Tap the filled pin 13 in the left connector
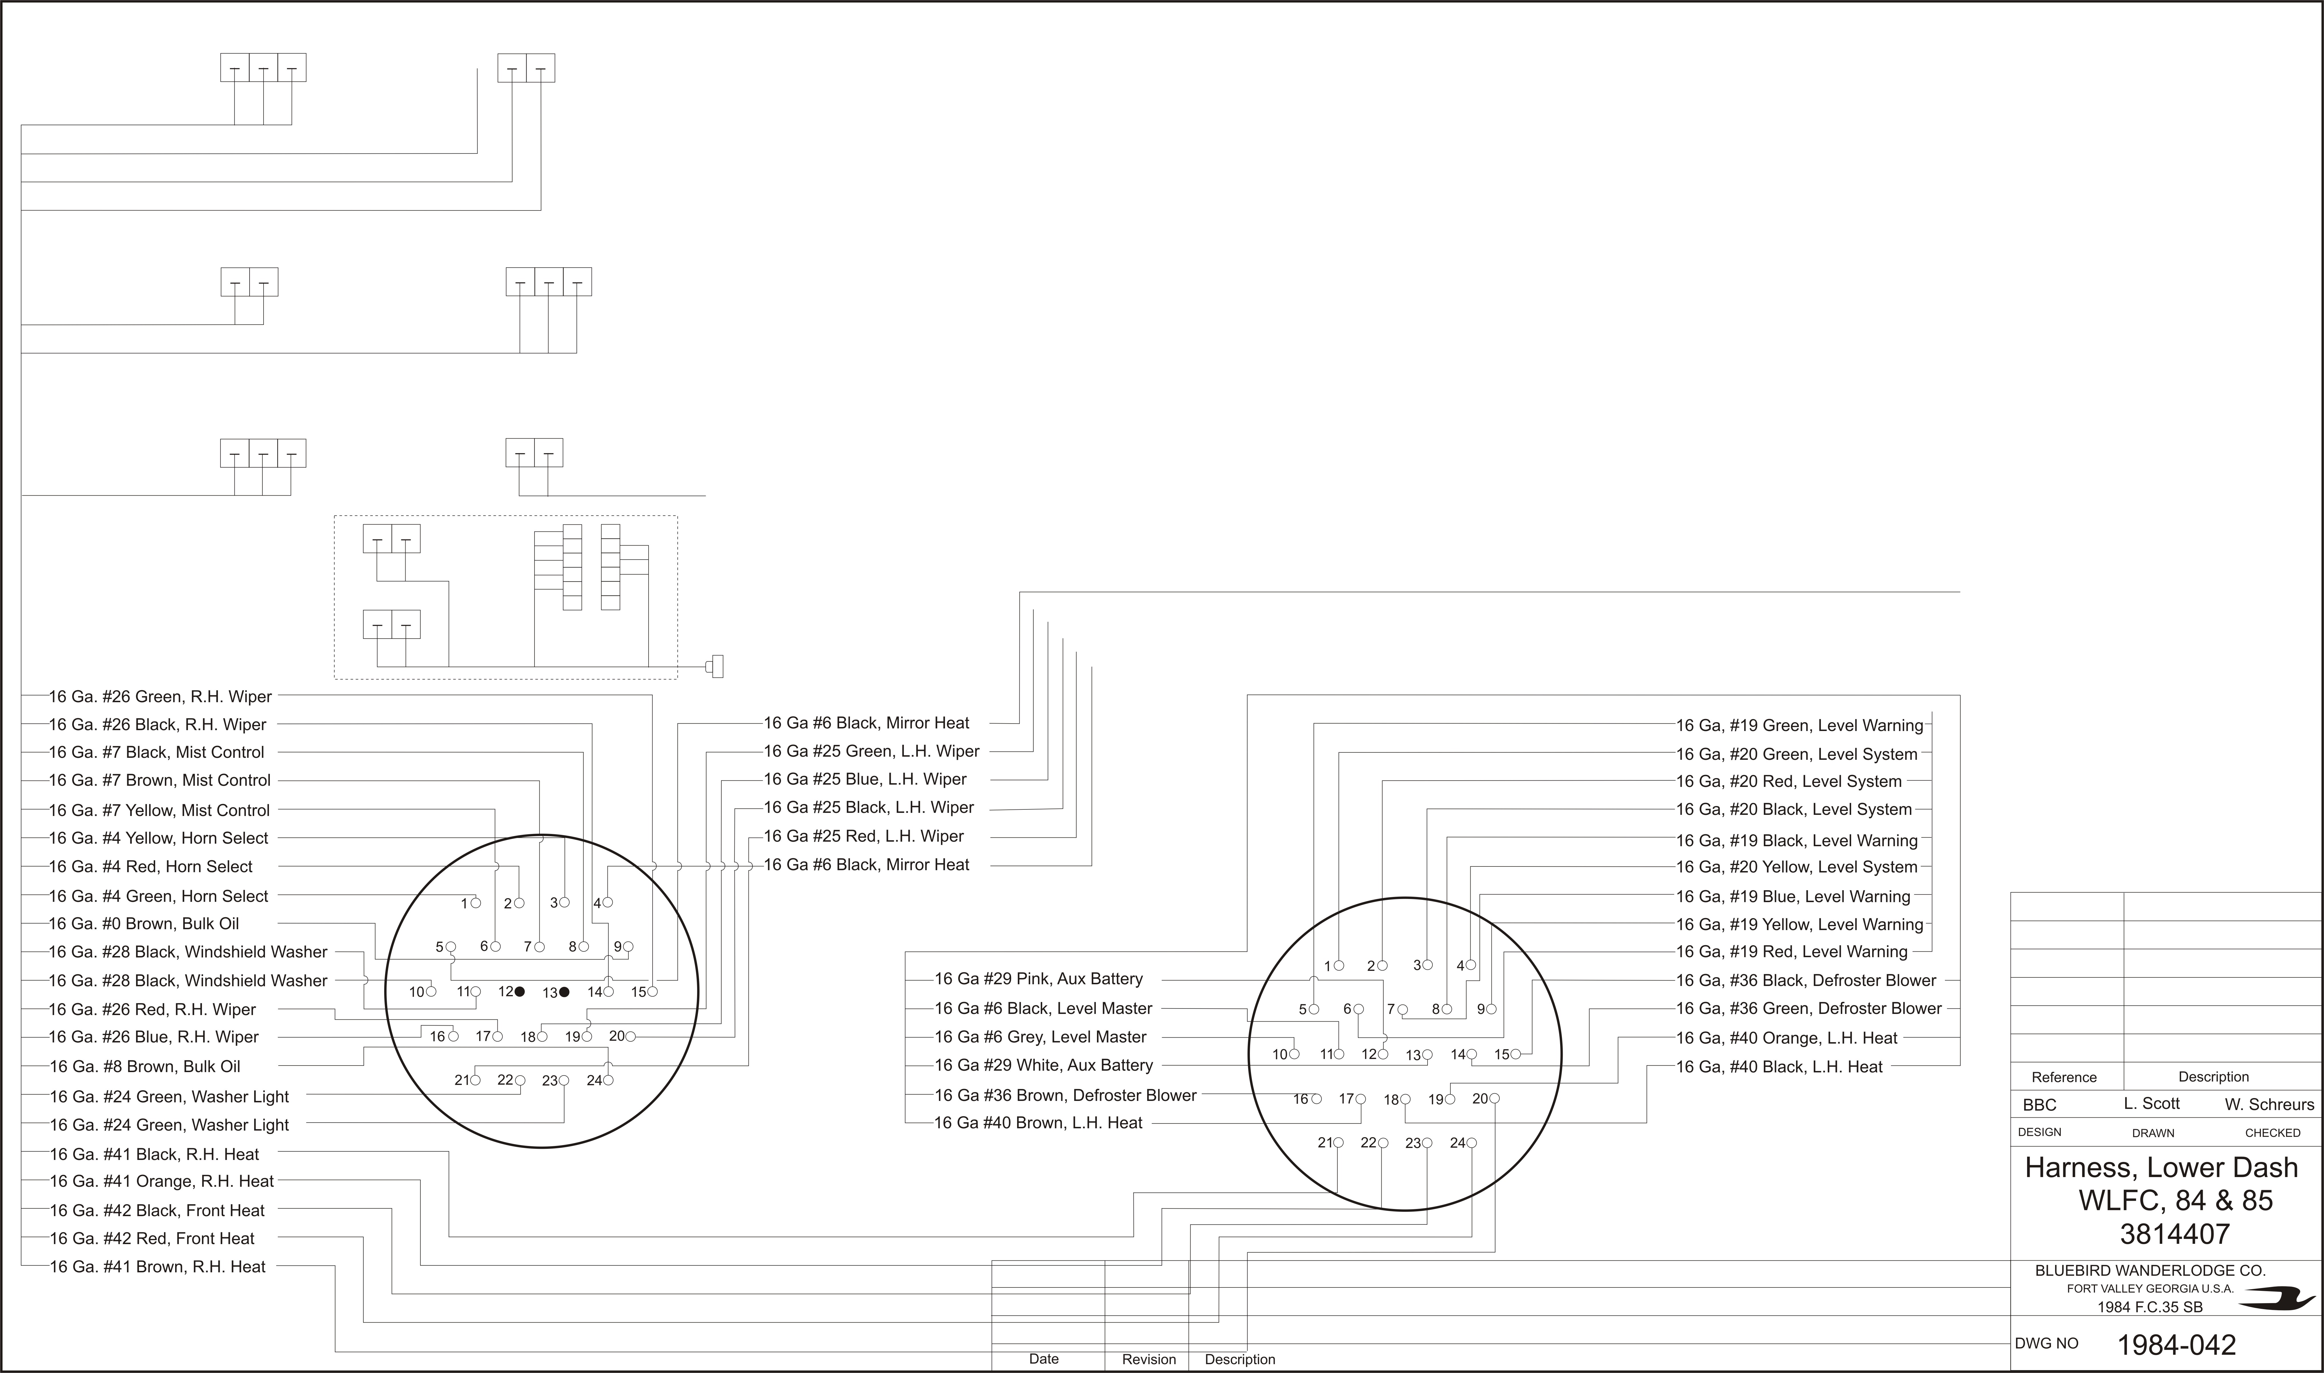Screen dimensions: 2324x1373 point(564,992)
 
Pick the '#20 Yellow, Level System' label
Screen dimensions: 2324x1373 point(1797,867)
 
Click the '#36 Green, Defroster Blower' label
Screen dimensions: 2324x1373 point(1809,1009)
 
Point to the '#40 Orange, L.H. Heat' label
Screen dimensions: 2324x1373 point(1786,1038)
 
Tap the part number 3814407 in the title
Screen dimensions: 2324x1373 point(2175,1234)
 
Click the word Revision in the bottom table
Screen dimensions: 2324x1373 point(1149,1359)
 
